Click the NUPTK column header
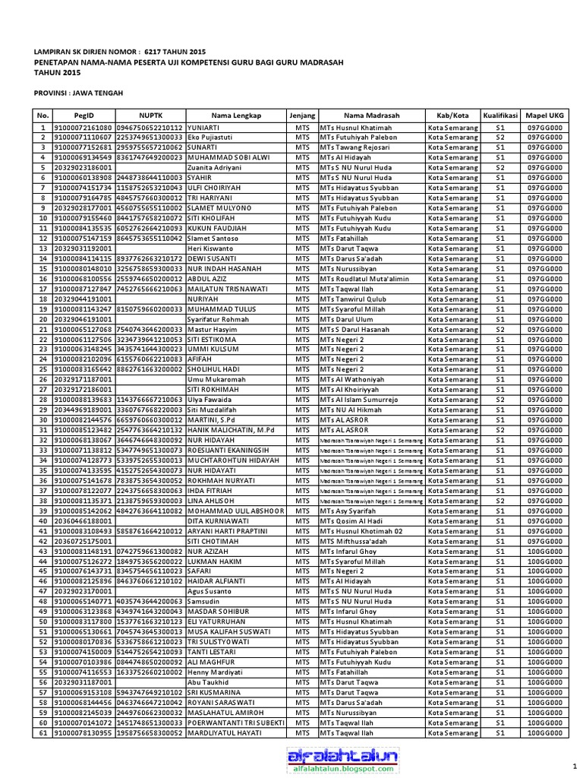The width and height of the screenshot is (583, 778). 150,115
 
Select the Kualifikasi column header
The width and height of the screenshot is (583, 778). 500,115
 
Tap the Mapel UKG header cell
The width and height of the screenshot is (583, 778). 546,115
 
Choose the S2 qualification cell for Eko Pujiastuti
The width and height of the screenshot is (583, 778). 500,138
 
